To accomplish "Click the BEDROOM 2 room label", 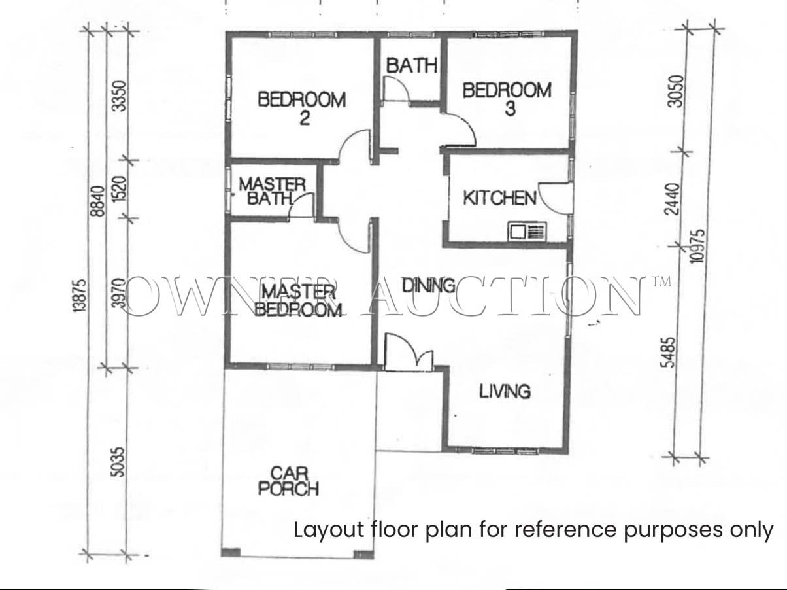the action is point(302,109).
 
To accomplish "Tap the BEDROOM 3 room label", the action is point(507,99).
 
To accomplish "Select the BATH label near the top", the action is point(412,65).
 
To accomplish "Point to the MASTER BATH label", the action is point(272,192).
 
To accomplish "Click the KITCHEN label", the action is point(500,198).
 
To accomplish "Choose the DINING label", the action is point(429,285).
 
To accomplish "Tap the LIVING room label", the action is point(505,391).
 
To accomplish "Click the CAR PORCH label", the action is point(289,481).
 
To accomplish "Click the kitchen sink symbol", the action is point(527,232).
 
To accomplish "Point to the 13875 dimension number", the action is point(81,295).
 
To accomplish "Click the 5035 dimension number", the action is point(118,462).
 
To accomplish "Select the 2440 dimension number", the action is point(671,199).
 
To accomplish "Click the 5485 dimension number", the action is point(669,353).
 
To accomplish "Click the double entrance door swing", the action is point(409,352).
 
